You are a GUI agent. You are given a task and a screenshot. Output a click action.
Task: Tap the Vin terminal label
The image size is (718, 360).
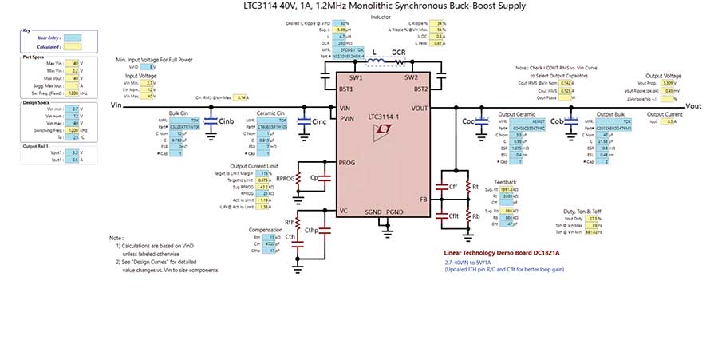[116, 105]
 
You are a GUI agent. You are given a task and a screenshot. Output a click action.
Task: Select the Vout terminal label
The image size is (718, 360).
[693, 105]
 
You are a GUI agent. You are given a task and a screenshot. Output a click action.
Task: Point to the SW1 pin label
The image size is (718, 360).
[356, 78]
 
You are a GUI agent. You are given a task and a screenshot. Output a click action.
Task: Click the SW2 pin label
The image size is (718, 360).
[411, 78]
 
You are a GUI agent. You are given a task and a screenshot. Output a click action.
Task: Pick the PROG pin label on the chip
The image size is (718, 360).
[347, 162]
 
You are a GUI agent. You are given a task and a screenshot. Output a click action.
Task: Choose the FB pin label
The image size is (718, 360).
[424, 199]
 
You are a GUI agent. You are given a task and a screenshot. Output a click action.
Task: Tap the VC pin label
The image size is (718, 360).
[344, 211]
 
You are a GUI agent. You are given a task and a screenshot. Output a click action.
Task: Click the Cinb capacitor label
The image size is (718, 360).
[226, 121]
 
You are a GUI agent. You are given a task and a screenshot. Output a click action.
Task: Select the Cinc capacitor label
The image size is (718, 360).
[319, 121]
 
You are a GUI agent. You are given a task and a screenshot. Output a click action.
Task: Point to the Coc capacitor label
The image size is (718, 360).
[468, 121]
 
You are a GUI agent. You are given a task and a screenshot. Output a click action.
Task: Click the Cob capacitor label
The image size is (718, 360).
[557, 121]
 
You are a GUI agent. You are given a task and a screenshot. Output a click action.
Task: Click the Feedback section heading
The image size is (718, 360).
[505, 182]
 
